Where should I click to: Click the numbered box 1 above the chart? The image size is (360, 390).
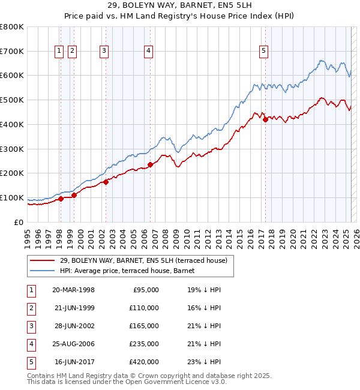[x=59, y=52]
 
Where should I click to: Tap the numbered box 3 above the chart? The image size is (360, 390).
[x=104, y=52]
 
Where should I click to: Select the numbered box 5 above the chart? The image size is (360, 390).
[x=264, y=52]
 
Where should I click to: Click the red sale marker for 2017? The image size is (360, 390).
[x=265, y=119]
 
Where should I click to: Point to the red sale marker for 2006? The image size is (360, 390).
[x=150, y=164]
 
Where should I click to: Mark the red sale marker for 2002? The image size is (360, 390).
[x=106, y=182]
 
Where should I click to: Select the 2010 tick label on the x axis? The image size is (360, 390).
[x=187, y=233]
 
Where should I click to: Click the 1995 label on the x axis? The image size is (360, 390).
[x=28, y=233]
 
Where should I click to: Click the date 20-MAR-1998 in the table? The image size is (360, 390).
[x=73, y=290]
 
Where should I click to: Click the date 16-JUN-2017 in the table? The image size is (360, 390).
[x=73, y=362]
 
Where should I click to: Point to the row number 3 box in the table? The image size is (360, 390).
[x=31, y=326]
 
